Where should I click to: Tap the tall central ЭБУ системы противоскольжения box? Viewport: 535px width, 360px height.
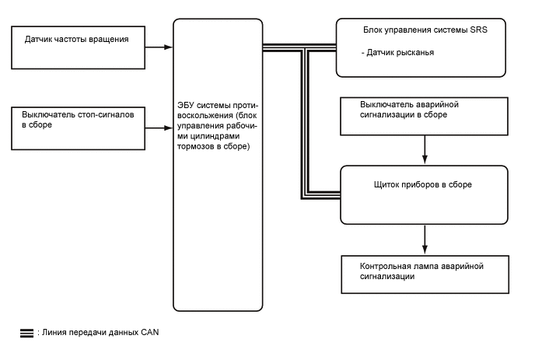coord(218,163)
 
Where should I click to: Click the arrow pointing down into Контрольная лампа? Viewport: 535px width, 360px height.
coord(424,238)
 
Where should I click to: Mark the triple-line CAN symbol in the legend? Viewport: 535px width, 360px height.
coord(26,333)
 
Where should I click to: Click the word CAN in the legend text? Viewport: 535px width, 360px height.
coord(150,333)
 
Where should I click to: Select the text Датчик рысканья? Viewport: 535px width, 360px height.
coord(398,53)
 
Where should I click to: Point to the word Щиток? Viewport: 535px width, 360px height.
coord(387,186)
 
